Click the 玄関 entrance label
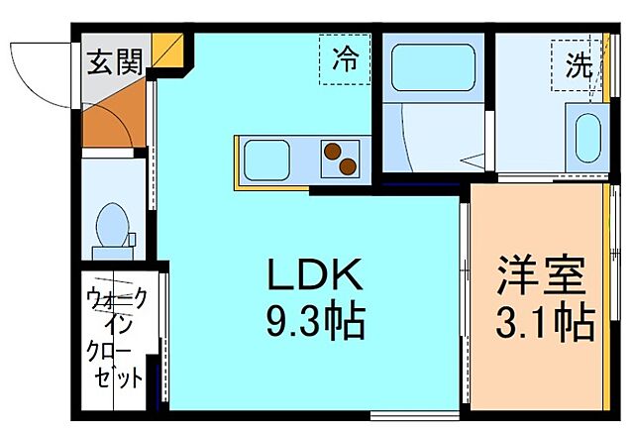click(x=113, y=62)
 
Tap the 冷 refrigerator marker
click(x=345, y=59)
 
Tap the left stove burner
click(x=330, y=152)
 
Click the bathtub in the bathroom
click(x=429, y=68)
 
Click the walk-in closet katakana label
click(x=117, y=337)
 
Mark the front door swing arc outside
click(x=40, y=74)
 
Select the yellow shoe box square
click(x=169, y=55)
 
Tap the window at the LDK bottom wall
click(x=414, y=413)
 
